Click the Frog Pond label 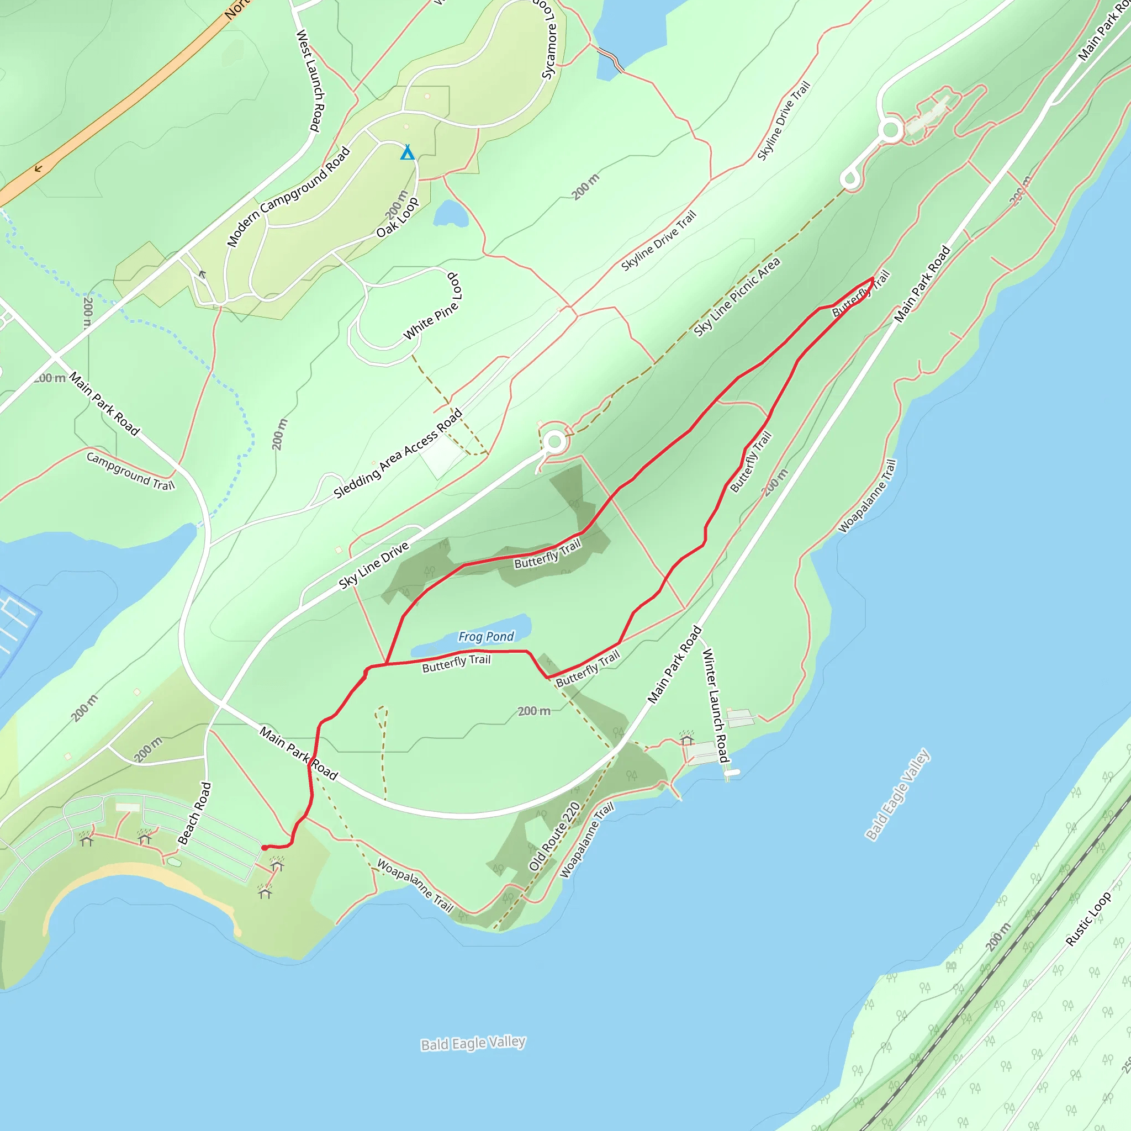[486, 636]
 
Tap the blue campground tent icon [408, 153]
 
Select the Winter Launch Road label [715, 705]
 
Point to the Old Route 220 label [554, 836]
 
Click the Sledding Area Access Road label [398, 454]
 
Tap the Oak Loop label [398, 218]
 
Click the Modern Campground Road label [288, 197]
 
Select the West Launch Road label [310, 80]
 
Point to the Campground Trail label [130, 471]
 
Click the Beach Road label [194, 813]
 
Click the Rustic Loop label [1088, 918]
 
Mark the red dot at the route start [265, 848]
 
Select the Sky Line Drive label [373, 565]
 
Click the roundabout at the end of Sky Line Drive [554, 441]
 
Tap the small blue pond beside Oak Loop [450, 215]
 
